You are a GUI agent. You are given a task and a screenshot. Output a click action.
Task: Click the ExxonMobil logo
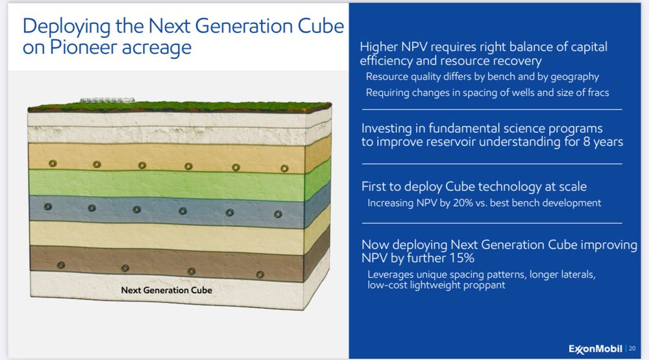point(595,349)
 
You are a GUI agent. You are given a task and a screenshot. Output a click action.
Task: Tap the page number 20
point(632,349)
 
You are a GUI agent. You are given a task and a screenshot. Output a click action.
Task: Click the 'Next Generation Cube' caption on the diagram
point(166,290)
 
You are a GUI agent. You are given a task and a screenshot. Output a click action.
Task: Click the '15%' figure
point(461,258)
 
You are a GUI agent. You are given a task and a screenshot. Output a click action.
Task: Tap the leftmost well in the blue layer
point(48,206)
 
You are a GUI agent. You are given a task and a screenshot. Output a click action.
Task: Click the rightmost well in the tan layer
point(284,169)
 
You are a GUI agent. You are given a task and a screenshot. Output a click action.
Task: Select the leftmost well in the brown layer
point(61,265)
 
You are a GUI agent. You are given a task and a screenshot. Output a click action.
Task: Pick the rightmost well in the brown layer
point(260,274)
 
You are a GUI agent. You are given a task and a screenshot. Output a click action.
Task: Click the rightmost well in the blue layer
point(278,214)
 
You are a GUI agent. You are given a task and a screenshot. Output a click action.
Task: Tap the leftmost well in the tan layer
point(53,163)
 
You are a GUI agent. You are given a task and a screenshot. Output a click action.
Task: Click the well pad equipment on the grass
point(107,100)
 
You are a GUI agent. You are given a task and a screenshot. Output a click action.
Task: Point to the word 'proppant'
point(487,285)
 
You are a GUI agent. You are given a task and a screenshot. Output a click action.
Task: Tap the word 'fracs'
point(598,92)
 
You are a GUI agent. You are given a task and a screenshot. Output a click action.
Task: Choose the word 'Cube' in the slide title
point(321,26)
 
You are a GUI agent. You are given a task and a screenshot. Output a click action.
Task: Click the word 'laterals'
point(578,274)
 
